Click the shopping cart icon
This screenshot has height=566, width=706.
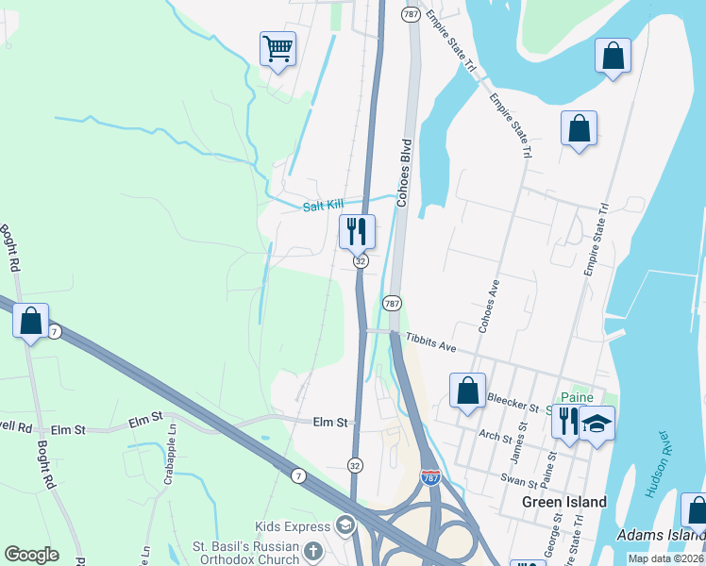pyautogui.click(x=277, y=48)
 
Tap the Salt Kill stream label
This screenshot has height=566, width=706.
pyautogui.click(x=323, y=206)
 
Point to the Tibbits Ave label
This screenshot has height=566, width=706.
pyautogui.click(x=431, y=343)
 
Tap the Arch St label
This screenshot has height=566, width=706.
pyautogui.click(x=495, y=436)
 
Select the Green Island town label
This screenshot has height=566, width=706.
pyautogui.click(x=564, y=502)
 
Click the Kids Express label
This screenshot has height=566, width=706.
pyautogui.click(x=293, y=525)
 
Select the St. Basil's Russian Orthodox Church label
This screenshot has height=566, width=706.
pyautogui.click(x=245, y=552)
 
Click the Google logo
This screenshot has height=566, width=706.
pyautogui.click(x=31, y=555)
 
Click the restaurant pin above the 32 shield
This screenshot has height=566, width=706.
pyautogui.click(x=357, y=230)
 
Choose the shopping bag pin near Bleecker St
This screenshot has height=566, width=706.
pyautogui.click(x=467, y=391)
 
